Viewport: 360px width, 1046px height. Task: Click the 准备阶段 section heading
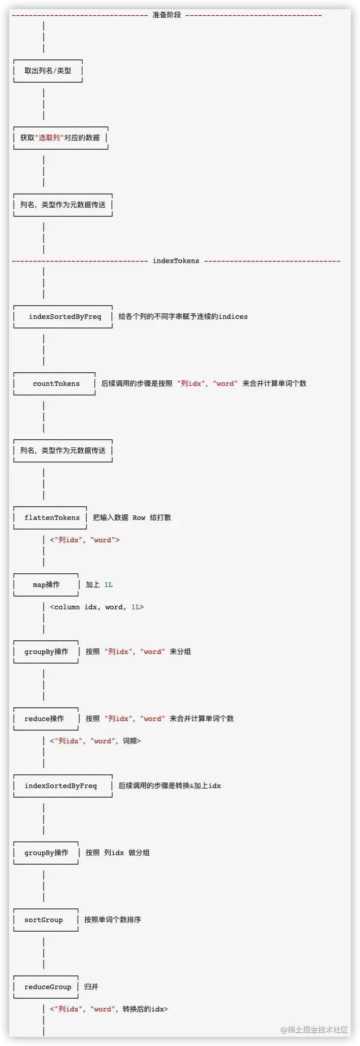(167, 15)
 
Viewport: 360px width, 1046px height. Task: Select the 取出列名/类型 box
(48, 71)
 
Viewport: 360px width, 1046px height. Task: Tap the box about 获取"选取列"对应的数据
(60, 138)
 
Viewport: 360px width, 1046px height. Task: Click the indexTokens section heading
(176, 261)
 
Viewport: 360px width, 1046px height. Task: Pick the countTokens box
(56, 384)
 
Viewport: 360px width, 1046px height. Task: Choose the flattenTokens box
(52, 518)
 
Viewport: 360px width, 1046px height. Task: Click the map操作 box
(46, 585)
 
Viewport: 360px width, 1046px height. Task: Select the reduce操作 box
(44, 719)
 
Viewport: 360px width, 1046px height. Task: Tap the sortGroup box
(44, 920)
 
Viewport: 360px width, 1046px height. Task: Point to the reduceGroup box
(48, 987)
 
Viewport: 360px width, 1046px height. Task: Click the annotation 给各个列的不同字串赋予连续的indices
(183, 317)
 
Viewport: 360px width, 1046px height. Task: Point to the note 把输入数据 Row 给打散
(132, 518)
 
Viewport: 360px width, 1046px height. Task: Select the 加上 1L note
(99, 585)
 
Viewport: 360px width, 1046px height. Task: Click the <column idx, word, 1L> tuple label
(96, 607)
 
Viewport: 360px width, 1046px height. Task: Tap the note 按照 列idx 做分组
(117, 853)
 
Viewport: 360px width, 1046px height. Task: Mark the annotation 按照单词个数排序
(113, 920)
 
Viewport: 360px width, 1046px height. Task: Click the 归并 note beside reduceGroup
(91, 987)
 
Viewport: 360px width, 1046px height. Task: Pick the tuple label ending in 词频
(95, 741)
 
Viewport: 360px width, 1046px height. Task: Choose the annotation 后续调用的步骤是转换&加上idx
(170, 786)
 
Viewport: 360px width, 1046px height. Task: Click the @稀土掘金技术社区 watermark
(314, 1030)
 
